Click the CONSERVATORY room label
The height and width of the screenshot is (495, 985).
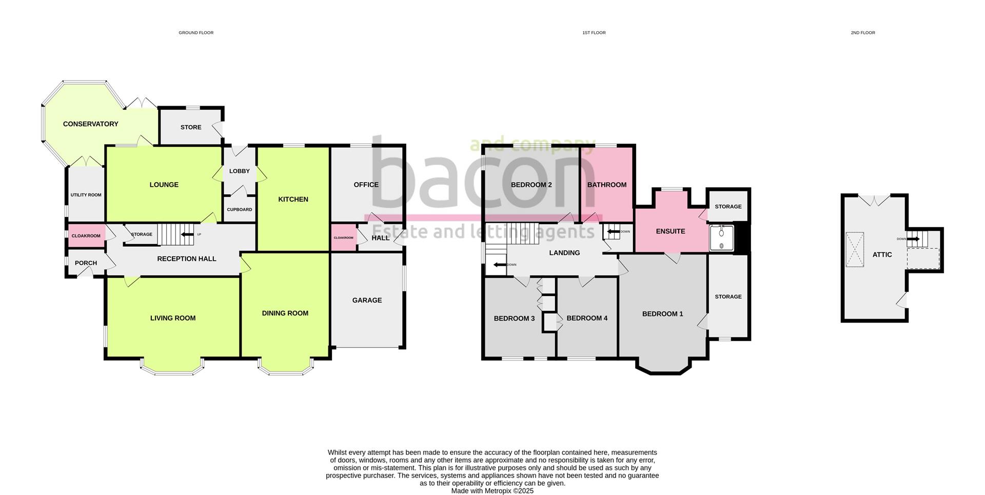[x=90, y=124]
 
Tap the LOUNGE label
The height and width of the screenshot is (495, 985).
[x=164, y=185]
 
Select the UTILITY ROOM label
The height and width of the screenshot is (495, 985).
[x=86, y=195]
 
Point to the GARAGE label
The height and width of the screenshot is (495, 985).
[x=367, y=300]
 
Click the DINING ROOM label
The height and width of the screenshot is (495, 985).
[x=285, y=313]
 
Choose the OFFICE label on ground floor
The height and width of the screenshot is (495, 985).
[x=366, y=185]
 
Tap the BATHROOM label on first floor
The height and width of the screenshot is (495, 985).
[x=607, y=185]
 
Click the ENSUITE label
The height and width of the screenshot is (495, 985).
[x=671, y=231]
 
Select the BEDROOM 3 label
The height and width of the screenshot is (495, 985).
[x=514, y=319]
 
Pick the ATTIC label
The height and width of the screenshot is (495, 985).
[x=882, y=254]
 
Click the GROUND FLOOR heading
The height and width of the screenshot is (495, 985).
[x=196, y=33]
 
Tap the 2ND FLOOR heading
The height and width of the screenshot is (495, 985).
[x=863, y=33]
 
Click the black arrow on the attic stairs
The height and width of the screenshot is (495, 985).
[x=913, y=239]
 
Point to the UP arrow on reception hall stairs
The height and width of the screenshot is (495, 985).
[x=187, y=235]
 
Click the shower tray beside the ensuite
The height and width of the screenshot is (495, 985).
[x=722, y=238]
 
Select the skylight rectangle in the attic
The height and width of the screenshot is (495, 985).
[x=855, y=250]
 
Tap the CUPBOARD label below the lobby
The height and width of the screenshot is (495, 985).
[x=240, y=210]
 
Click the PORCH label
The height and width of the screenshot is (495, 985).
[x=86, y=263]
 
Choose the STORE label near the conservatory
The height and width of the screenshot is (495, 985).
[x=191, y=127]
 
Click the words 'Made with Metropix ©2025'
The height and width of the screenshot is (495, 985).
[x=493, y=491]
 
